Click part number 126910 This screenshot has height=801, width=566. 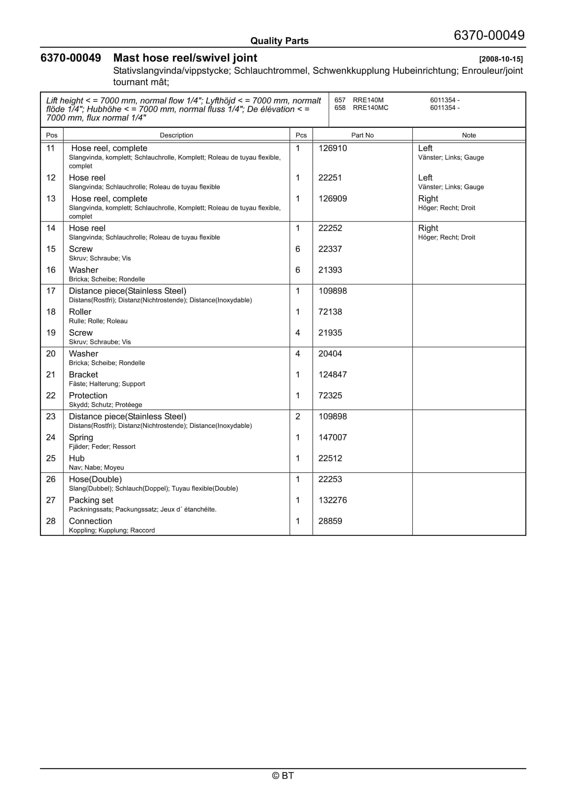coord(332,148)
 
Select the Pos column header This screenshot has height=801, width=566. coord(52,135)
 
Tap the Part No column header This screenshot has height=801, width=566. coord(362,135)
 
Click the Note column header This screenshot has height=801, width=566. coord(469,135)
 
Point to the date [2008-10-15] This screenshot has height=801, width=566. coord(501,59)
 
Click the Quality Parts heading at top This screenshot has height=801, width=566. coord(279,41)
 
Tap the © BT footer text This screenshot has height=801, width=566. coord(283,776)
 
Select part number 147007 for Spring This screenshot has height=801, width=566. coord(332,437)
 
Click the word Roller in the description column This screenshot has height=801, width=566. coord(80,312)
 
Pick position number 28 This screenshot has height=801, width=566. coord(51,521)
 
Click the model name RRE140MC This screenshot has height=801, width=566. coord(370,108)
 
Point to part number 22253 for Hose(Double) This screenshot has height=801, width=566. coord(330,479)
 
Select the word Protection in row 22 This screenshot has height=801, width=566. coord(88,396)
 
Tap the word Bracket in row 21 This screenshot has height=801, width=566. coord(83,375)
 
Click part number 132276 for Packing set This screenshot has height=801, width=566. coord(332,500)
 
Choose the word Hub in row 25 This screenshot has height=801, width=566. coord(76,459)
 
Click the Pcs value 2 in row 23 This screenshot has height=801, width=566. coord(298,416)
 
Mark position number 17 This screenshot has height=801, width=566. coord(51,291)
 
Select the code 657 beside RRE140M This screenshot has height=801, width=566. coord(340,100)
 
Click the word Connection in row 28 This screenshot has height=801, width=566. coord(90,521)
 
